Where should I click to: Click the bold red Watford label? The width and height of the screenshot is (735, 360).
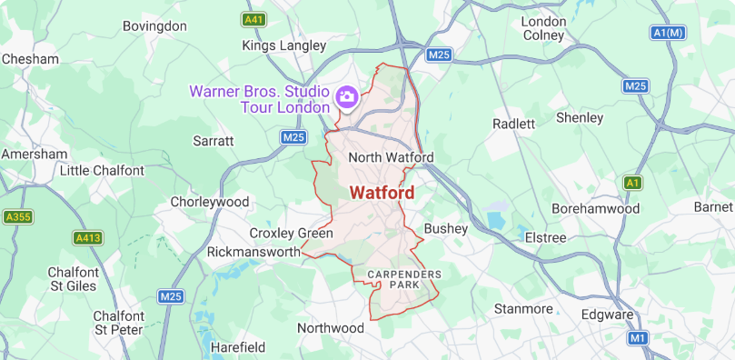point(382,193)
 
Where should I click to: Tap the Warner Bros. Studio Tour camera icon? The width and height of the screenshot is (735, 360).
point(346,95)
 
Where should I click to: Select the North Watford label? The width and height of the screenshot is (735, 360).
point(391,157)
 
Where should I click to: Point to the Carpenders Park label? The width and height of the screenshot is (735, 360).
point(404,279)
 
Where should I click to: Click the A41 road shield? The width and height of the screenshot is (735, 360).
point(253,18)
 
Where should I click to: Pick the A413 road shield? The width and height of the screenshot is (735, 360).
point(85,238)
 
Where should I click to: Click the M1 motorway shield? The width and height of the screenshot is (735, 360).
point(639,338)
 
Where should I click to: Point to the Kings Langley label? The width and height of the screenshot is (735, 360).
point(283,45)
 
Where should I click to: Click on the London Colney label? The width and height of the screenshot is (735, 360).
point(544,28)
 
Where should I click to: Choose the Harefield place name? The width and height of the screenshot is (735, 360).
point(237,347)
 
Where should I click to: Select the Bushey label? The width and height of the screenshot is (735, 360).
point(445,227)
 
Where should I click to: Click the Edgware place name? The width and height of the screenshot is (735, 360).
point(608,315)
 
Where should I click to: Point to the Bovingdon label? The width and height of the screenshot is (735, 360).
point(154,26)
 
